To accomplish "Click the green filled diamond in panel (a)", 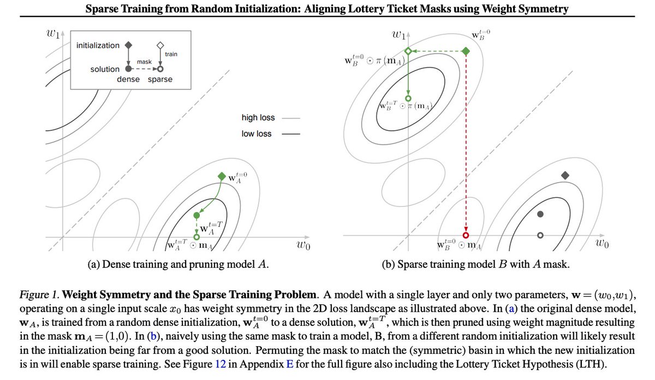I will [221, 176].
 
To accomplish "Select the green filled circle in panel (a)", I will [196, 215].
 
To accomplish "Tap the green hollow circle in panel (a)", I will [196, 237].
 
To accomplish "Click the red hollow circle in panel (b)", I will [466, 234].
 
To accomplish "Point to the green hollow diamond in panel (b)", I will [407, 51].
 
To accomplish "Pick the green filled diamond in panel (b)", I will [466, 51].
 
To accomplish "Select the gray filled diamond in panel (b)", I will [565, 176].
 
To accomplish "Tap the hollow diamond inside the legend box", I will [160, 45].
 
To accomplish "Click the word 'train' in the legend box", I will [171, 54].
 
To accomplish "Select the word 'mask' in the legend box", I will [144, 62].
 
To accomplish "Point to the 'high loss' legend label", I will [258, 118].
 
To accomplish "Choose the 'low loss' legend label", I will [257, 133].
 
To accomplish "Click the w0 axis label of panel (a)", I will [303, 245].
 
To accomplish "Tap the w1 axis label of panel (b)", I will [398, 35].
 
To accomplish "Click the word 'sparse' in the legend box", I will [160, 79].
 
